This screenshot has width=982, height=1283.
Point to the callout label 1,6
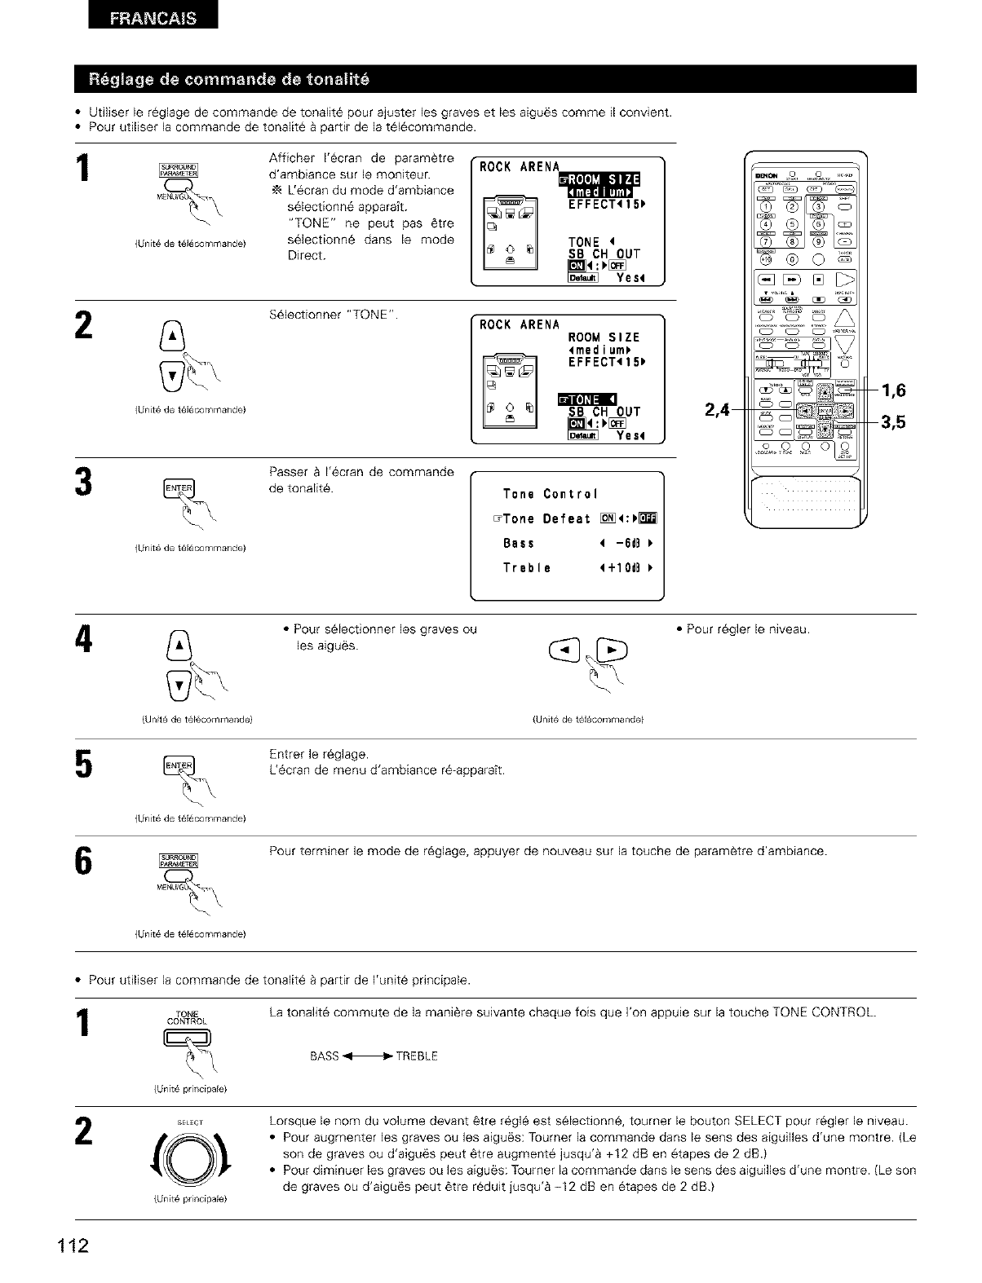pos(895,390)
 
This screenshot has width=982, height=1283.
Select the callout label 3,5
pos(895,422)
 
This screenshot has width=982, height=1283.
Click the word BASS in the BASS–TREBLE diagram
pos(324,1056)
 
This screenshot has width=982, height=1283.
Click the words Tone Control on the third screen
pos(551,494)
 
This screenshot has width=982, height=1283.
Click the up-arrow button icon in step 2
pos(180,333)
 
